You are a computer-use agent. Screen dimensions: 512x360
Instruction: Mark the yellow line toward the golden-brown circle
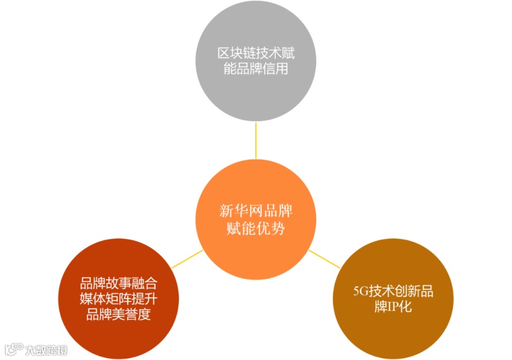tap(325, 258)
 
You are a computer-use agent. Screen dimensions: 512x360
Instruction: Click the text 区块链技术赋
tap(255, 54)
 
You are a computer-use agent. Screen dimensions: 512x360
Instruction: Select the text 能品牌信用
tap(255, 69)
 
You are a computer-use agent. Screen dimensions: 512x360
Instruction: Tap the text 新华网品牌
tap(255, 212)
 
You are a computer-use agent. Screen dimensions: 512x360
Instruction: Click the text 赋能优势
tap(255, 229)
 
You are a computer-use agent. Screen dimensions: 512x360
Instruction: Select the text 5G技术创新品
tap(393, 293)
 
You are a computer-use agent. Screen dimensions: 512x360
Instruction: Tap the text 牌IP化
tap(393, 308)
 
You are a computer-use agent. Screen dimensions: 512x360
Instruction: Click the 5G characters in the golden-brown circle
tap(360, 293)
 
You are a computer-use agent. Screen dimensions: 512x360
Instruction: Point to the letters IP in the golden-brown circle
tap(392, 308)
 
